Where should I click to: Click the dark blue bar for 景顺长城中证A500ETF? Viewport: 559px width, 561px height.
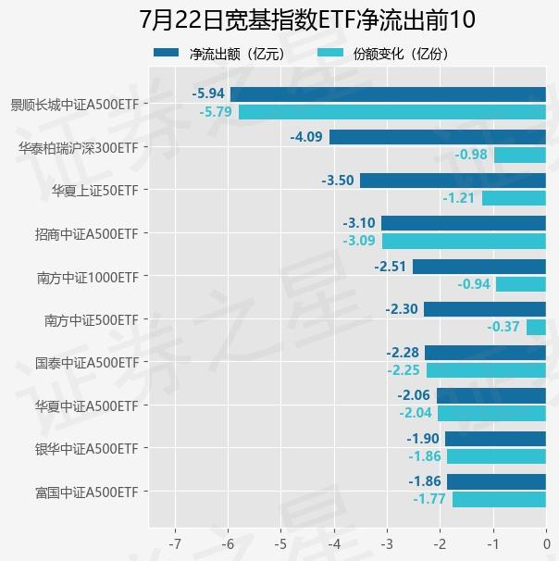point(388,94)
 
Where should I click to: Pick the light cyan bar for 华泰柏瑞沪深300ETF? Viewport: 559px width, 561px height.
point(519,155)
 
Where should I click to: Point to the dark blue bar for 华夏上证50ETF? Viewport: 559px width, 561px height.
point(453,181)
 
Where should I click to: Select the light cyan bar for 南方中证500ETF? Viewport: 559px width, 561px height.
point(536,327)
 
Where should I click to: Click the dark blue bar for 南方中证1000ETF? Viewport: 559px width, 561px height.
point(478,267)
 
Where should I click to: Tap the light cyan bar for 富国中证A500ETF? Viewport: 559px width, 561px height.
point(499,499)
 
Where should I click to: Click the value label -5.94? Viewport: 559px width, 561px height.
point(208,94)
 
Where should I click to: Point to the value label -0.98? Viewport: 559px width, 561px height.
point(472,155)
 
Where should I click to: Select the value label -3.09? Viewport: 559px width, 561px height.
point(359,241)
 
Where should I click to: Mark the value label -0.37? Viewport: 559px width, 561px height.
point(503,327)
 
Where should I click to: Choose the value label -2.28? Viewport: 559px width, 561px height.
point(403,353)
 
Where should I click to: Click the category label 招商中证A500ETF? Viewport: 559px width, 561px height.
point(86,234)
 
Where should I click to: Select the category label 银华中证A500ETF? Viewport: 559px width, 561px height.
point(86,449)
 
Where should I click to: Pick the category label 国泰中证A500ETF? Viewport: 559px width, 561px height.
point(86,363)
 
